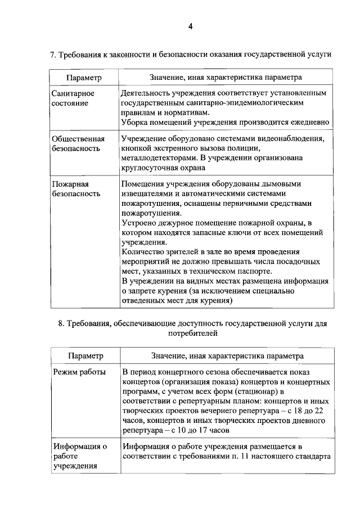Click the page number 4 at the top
[x=190, y=26]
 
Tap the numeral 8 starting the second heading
[x=61, y=324]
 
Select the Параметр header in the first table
[x=83, y=76]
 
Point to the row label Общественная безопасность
[x=78, y=143]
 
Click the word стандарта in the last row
[x=313, y=457]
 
